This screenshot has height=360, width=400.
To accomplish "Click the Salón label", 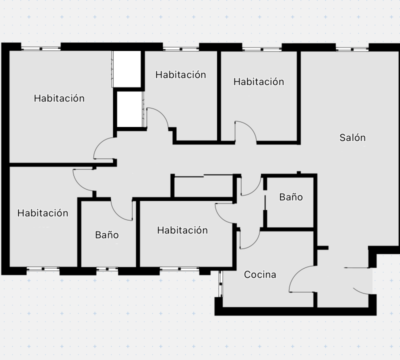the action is click(352, 138).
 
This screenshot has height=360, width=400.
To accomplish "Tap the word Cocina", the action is click(260, 274).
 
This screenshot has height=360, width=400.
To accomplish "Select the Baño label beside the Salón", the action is click(291, 197).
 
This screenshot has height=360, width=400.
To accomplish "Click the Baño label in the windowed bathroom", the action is click(107, 234).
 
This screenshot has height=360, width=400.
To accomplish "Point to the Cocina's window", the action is click(220, 283).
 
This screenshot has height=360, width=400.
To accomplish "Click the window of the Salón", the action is click(352, 49).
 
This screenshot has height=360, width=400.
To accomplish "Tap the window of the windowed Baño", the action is click(107, 269).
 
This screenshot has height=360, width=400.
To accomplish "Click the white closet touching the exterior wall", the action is click(127, 69).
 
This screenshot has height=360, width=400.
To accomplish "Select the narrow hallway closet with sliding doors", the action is click(203, 186).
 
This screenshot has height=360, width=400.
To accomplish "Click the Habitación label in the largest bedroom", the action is click(59, 98).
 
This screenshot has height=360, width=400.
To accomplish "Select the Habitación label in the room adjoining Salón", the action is click(258, 81).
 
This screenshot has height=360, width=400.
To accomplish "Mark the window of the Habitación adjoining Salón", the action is click(262, 49).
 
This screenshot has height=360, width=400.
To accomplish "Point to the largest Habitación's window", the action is click(41, 48).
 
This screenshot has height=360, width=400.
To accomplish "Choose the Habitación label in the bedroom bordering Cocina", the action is click(182, 230).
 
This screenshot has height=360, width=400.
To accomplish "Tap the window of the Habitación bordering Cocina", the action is click(179, 269).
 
